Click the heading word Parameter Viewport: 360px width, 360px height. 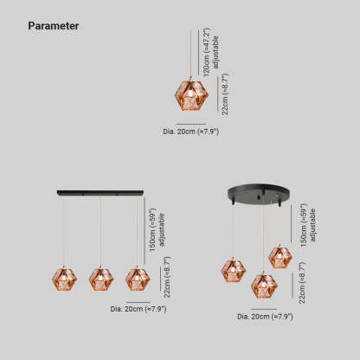click(54, 26)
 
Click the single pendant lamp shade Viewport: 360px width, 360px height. click(191, 95)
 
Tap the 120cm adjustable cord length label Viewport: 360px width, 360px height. click(210, 52)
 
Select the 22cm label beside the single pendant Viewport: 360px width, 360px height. click(225, 94)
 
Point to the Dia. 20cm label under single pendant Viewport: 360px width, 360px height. click(191, 132)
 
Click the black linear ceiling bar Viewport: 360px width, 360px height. click(100, 192)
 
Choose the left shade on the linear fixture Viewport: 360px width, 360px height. click(64, 279)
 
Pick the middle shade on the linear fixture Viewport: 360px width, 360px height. click(101, 279)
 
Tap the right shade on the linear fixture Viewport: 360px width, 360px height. click(138, 279)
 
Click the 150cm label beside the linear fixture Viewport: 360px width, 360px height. click(157, 230)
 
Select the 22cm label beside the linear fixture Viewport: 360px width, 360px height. click(167, 277)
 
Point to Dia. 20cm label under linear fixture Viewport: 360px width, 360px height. click(138, 309)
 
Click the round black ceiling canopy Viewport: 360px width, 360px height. click(259, 195)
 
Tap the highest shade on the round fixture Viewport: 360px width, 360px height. click(280, 257)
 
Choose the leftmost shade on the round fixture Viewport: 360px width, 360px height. click(234, 270)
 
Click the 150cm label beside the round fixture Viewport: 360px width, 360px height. click(307, 225)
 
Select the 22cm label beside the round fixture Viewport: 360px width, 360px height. click(302, 283)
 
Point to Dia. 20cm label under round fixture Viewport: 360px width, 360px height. click(265, 317)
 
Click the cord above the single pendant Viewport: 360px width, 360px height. click(190, 53)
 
